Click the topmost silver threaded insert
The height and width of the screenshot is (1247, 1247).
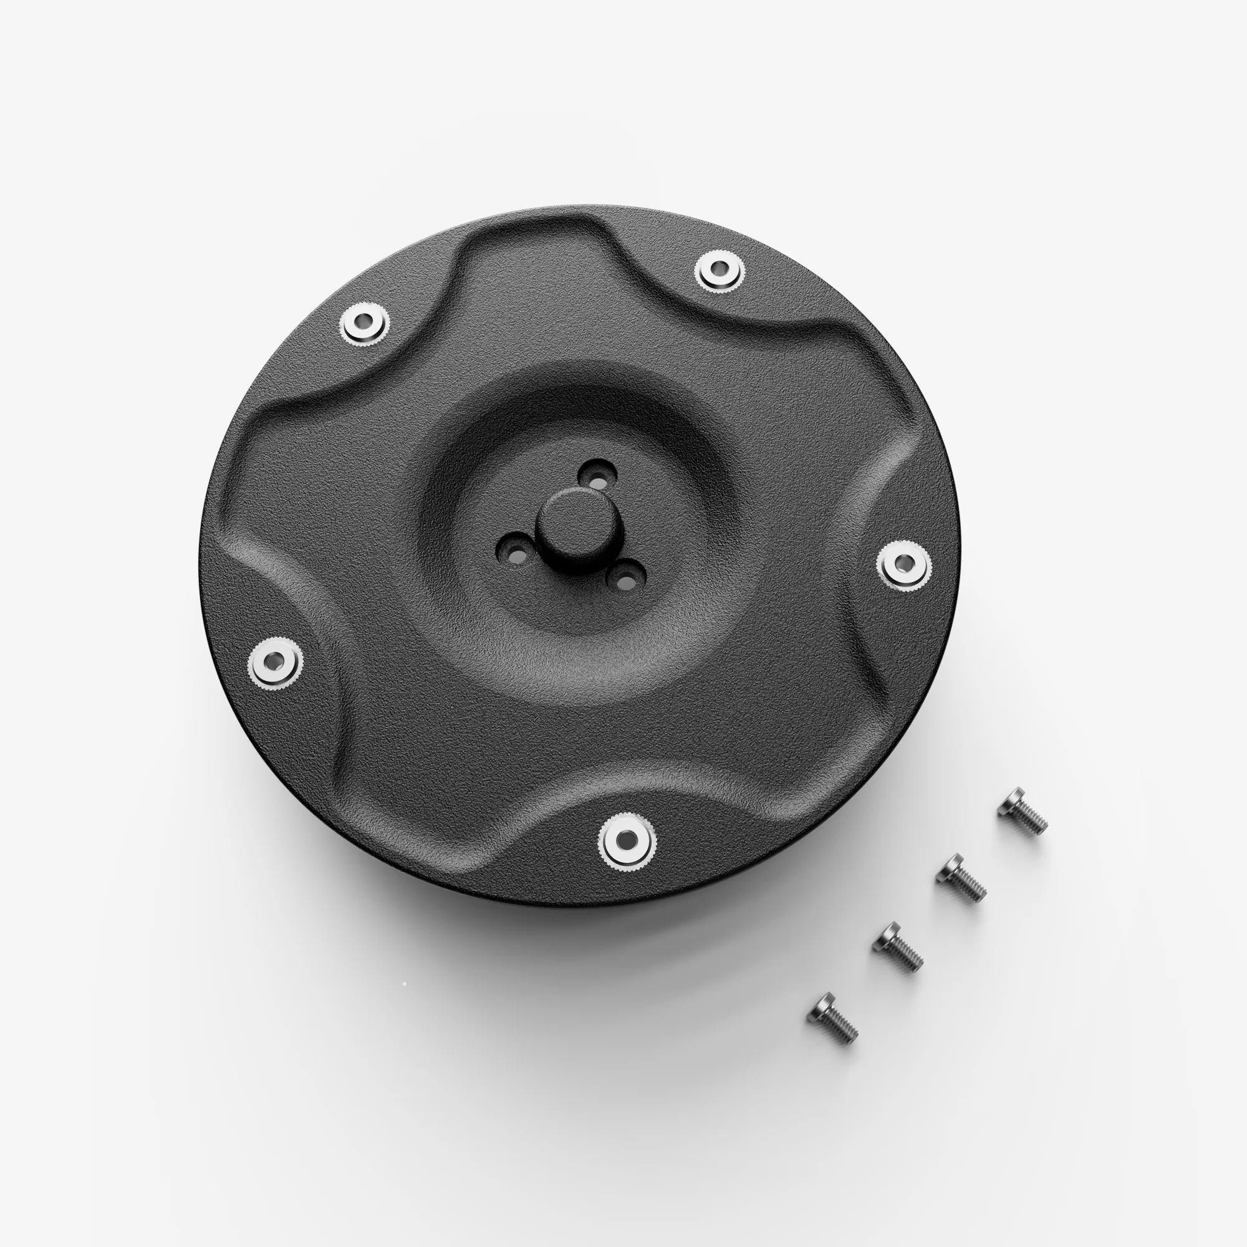pyautogui.click(x=719, y=270)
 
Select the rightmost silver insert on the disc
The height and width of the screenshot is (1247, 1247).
pyautogui.click(x=903, y=566)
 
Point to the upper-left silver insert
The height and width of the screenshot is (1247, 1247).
pyautogui.click(x=365, y=323)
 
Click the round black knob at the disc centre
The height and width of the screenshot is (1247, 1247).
pyautogui.click(x=567, y=521)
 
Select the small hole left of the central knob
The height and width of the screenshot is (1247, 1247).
pyautogui.click(x=516, y=552)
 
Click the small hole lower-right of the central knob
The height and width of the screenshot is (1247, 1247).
pyautogui.click(x=625, y=579)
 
